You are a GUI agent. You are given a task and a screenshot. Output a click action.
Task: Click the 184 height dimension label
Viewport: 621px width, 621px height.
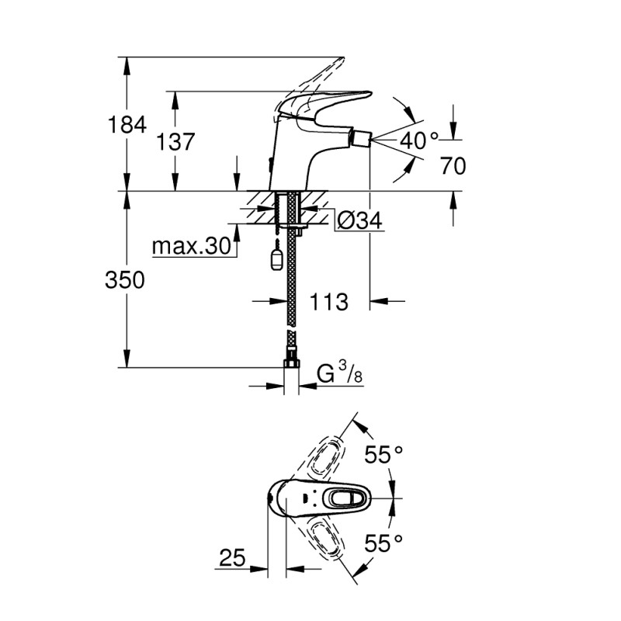click(x=127, y=124)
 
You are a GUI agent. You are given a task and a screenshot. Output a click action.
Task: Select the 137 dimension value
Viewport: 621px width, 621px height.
click(x=175, y=141)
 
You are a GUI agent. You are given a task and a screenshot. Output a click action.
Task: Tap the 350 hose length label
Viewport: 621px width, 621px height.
click(x=125, y=280)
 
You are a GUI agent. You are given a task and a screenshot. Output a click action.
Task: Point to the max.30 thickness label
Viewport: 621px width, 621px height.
click(x=191, y=246)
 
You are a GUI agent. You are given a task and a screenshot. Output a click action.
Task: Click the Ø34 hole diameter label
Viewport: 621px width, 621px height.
click(x=360, y=220)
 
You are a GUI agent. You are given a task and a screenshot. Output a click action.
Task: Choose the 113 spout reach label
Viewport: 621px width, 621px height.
click(x=328, y=302)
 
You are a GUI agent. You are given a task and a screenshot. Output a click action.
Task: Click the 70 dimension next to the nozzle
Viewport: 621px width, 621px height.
click(x=453, y=165)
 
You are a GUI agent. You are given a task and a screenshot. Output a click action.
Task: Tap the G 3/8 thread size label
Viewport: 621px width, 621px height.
click(x=340, y=374)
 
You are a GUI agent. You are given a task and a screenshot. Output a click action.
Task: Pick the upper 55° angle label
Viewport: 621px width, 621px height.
click(x=383, y=454)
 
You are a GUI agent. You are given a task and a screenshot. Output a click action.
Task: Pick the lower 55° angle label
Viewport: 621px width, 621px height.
click(x=383, y=543)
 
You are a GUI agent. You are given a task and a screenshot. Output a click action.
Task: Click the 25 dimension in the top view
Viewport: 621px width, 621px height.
click(x=232, y=557)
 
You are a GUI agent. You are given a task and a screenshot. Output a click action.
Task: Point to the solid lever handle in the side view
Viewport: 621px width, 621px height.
click(x=323, y=104)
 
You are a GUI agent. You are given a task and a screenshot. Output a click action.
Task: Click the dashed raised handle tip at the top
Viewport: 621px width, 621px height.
click(x=340, y=63)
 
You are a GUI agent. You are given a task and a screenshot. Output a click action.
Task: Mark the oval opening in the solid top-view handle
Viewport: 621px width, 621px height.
click(x=344, y=498)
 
